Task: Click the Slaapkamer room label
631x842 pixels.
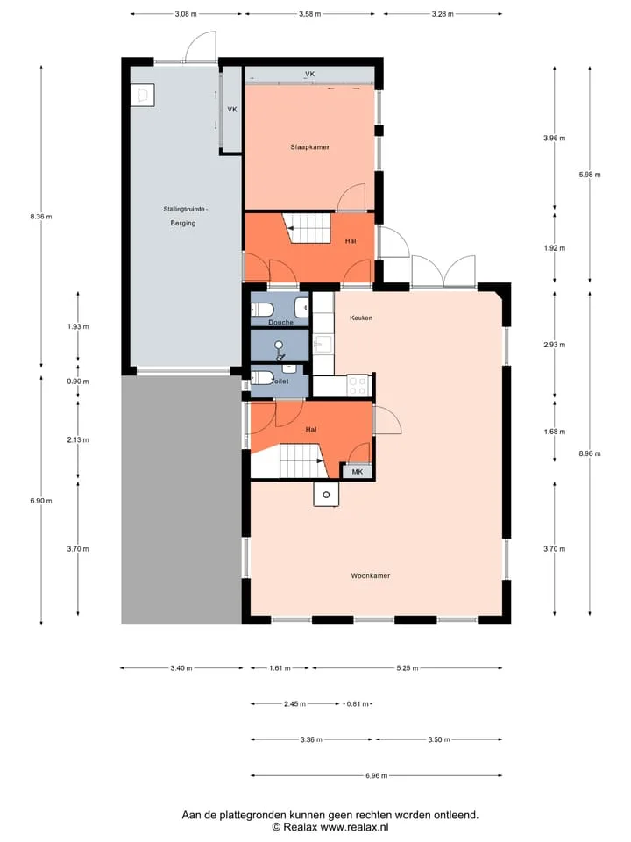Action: pyautogui.click(x=309, y=147)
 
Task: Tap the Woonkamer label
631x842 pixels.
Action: pyautogui.click(x=370, y=575)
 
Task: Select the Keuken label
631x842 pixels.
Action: pyautogui.click(x=360, y=318)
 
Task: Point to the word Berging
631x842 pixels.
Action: pyautogui.click(x=183, y=223)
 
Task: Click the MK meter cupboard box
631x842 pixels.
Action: pyautogui.click(x=358, y=472)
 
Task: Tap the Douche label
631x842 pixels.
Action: pyautogui.click(x=280, y=322)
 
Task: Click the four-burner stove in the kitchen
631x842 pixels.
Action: pyautogui.click(x=358, y=386)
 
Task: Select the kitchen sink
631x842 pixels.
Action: pyautogui.click(x=323, y=343)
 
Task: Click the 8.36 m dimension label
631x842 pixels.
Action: pyautogui.click(x=41, y=217)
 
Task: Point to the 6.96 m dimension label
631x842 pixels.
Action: pyautogui.click(x=376, y=775)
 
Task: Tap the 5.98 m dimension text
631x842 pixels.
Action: pyautogui.click(x=590, y=175)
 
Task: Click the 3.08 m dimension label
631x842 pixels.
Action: pyautogui.click(x=186, y=14)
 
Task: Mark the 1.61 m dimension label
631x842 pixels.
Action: pyautogui.click(x=280, y=668)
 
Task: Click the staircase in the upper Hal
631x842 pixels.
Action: pyautogui.click(x=307, y=228)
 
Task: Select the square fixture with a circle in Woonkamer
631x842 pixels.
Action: pyautogui.click(x=326, y=494)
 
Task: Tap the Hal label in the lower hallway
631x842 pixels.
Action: pyautogui.click(x=310, y=430)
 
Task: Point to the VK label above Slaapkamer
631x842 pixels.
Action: pyautogui.click(x=309, y=74)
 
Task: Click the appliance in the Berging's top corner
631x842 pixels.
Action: pyautogui.click(x=143, y=95)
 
